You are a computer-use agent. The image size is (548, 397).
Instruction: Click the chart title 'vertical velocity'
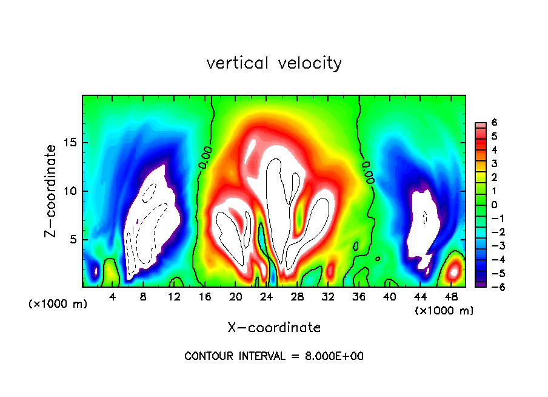coord(274,63)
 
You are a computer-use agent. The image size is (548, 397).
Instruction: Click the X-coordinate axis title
coord(274,328)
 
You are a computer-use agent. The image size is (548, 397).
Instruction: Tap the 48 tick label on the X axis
coord(450,296)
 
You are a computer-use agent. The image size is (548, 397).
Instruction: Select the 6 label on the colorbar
coord(495,122)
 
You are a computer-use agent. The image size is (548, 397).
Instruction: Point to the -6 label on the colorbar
coord(492,287)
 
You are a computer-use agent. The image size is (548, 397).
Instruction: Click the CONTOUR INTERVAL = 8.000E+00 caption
coord(274,356)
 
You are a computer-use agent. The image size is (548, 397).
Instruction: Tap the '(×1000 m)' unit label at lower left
coord(58,304)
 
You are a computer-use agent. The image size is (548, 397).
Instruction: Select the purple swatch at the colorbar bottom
coord(480,283)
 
